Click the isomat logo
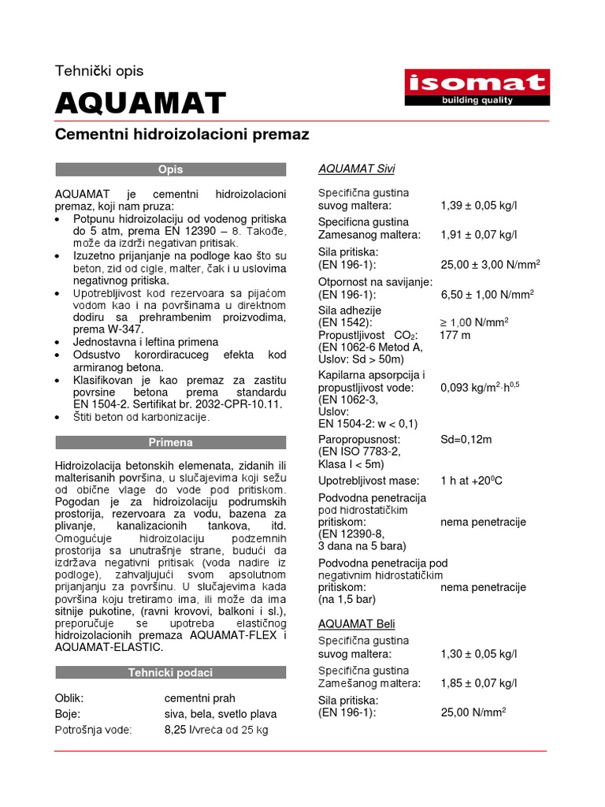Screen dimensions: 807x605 [x=476, y=87]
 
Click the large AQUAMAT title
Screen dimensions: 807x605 [x=140, y=102]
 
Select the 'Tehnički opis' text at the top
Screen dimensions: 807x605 [x=99, y=71]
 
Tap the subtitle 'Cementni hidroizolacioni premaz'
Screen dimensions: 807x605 [x=182, y=135]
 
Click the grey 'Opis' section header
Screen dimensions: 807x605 [x=171, y=169]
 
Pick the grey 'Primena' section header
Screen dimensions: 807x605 [x=171, y=442]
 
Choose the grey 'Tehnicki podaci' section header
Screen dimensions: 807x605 [x=171, y=672]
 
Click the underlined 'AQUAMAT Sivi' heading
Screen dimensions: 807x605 [x=357, y=169]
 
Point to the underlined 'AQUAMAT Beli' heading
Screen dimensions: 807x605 [x=357, y=623]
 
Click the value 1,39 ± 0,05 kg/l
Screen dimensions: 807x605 [x=479, y=206]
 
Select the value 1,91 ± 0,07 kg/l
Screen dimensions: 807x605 [x=479, y=235]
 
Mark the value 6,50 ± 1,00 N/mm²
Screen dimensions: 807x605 [x=487, y=294]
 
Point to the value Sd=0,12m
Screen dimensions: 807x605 [x=466, y=439]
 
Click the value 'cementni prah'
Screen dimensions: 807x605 [x=199, y=698]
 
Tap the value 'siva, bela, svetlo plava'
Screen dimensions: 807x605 [x=221, y=714]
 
